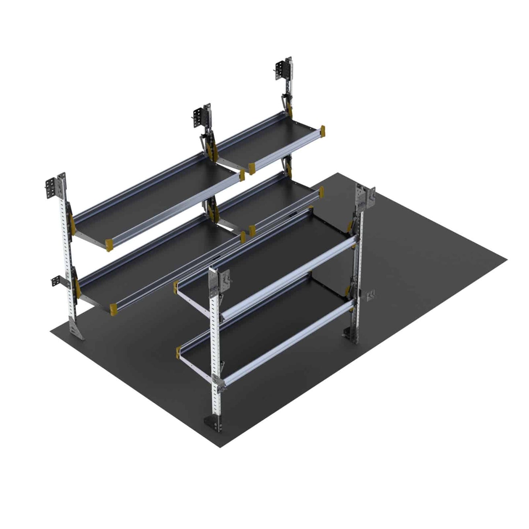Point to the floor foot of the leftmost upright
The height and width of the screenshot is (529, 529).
(x=76, y=331)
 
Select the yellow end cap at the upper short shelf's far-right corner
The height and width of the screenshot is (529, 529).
(x=322, y=131)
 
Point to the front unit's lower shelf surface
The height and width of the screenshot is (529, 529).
(x=264, y=322)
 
